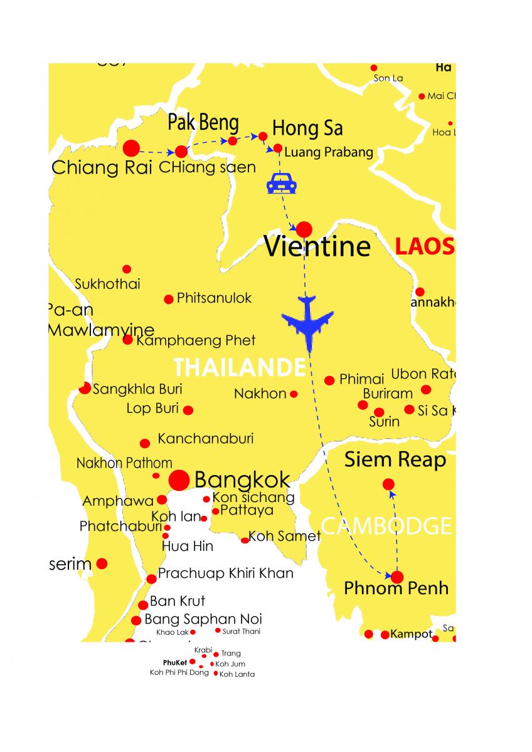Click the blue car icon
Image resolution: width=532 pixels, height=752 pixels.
tap(281, 184)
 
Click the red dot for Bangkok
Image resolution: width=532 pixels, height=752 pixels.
tap(179, 481)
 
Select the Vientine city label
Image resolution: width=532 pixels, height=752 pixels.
tap(317, 246)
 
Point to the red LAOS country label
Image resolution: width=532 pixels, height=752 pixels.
tap(424, 246)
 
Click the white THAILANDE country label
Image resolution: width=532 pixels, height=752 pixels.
tap(239, 368)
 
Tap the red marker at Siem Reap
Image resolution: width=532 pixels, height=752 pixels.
tap(388, 484)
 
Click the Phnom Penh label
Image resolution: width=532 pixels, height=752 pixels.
tap(396, 588)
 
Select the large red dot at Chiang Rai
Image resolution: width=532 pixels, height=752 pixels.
tap(131, 149)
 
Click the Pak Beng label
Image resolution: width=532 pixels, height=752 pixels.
tap(203, 123)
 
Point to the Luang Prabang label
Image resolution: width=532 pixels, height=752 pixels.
tap(329, 152)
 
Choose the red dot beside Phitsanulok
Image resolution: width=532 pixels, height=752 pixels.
tap(169, 300)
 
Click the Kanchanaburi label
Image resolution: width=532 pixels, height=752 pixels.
tap(205, 439)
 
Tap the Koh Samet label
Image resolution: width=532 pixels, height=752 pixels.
tap(284, 536)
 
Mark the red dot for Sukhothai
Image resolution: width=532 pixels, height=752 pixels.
tap(127, 269)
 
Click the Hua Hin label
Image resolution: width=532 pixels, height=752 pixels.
tap(188, 546)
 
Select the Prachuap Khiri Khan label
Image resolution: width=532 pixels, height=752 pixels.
tap(225, 573)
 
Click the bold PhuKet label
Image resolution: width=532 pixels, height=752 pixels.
tap(175, 662)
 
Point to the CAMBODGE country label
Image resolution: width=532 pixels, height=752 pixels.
tap(386, 526)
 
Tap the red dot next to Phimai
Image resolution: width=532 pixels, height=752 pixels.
tap(329, 380)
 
